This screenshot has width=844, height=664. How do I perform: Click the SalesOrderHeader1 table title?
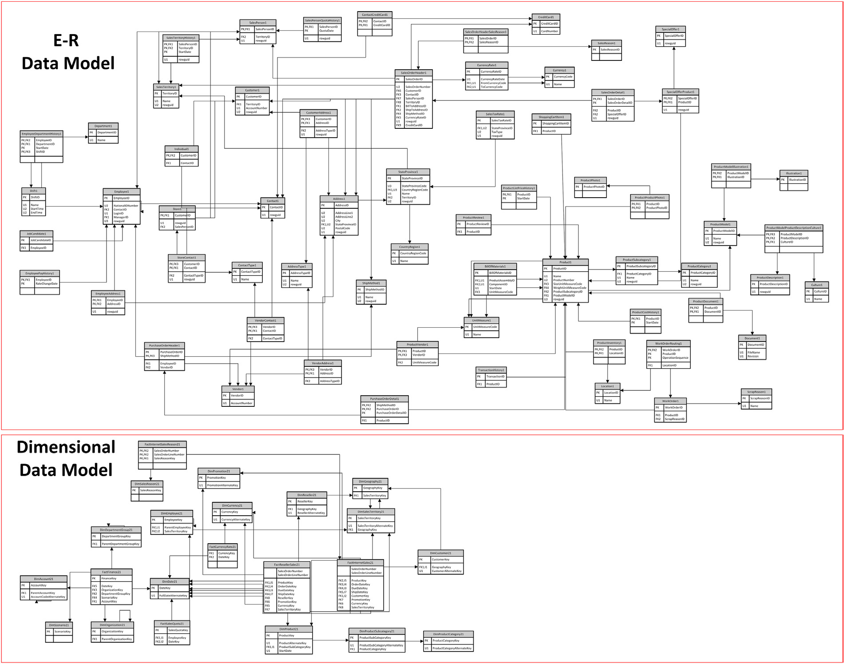click(x=413, y=73)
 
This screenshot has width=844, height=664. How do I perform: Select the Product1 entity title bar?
click(x=565, y=262)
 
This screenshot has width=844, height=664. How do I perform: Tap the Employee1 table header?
click(x=122, y=191)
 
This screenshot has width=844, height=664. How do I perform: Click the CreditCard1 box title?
click(x=546, y=17)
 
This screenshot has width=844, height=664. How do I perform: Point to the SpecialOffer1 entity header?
click(x=670, y=29)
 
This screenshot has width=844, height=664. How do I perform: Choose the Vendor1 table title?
click(x=238, y=389)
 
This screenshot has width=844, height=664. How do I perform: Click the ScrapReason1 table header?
click(x=756, y=392)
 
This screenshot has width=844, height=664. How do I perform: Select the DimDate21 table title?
click(x=170, y=581)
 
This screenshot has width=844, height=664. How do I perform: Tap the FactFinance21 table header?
click(x=111, y=572)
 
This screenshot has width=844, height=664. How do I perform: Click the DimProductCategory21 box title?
click(x=448, y=634)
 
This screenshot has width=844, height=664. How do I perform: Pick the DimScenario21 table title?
click(x=59, y=625)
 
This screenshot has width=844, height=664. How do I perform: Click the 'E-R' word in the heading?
click(x=66, y=40)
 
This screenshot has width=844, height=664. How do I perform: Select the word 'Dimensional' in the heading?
click(x=66, y=447)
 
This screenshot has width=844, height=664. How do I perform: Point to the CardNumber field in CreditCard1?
click(x=549, y=31)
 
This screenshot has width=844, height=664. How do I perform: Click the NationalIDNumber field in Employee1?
click(x=126, y=206)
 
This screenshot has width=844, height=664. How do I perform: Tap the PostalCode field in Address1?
click(x=343, y=228)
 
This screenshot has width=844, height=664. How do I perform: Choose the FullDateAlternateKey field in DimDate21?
click(x=173, y=596)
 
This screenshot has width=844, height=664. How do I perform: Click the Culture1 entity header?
click(x=816, y=285)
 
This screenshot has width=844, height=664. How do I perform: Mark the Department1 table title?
click(x=103, y=126)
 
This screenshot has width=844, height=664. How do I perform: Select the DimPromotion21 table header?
click(x=219, y=471)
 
